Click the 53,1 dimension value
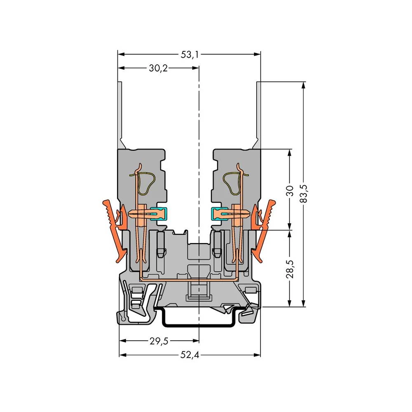click(x=189, y=54)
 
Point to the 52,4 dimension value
click(x=190, y=355)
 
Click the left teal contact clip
click(x=159, y=213)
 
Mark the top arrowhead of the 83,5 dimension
click(x=304, y=85)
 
